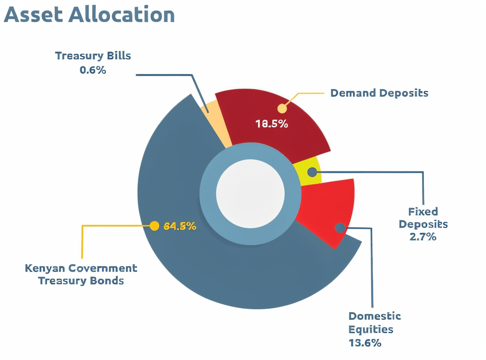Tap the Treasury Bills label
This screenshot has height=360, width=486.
tap(93, 56)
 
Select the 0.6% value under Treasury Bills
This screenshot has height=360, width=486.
tap(93, 70)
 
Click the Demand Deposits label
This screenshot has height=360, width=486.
tap(379, 93)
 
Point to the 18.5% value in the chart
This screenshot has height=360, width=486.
tap(272, 124)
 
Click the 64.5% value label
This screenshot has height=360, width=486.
tap(180, 226)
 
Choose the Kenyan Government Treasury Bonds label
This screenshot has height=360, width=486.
tap(81, 274)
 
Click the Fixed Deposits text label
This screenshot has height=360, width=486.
tap(423, 218)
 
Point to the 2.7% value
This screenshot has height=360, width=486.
tap(423, 236)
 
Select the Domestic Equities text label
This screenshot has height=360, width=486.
tap(375, 323)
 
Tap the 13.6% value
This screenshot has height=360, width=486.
tap(365, 343)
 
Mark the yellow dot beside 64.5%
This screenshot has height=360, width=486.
tap(155, 226)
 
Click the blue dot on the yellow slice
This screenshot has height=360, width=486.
tap(312, 172)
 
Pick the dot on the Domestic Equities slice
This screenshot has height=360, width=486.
tap(340, 228)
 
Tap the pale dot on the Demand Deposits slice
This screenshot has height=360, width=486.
tap(282, 107)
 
